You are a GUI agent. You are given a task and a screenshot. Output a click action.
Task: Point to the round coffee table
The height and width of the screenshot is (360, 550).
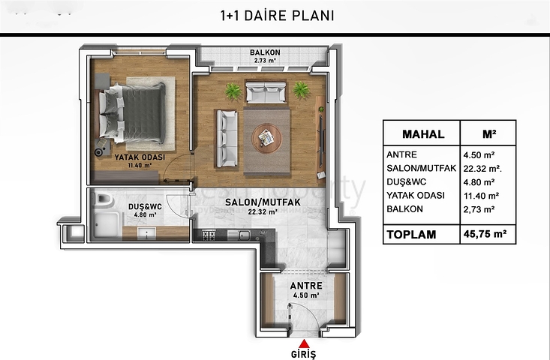pyautogui.click(x=266, y=136)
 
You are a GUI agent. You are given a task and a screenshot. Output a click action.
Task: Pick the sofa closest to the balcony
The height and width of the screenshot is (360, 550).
pyautogui.click(x=266, y=93)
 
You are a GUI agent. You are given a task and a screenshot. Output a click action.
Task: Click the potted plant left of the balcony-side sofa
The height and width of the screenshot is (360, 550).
pyautogui.click(x=233, y=91)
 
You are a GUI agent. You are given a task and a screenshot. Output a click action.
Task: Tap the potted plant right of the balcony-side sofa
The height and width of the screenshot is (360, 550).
pyautogui.click(x=302, y=90)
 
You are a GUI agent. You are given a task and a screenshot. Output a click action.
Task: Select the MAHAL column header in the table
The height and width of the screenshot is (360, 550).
pyautogui.click(x=423, y=135)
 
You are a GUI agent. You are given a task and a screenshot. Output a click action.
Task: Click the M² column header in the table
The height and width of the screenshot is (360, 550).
pyautogui.click(x=488, y=135)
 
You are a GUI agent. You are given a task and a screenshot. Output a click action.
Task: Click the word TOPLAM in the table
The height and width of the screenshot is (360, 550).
pyautogui.click(x=411, y=234)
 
